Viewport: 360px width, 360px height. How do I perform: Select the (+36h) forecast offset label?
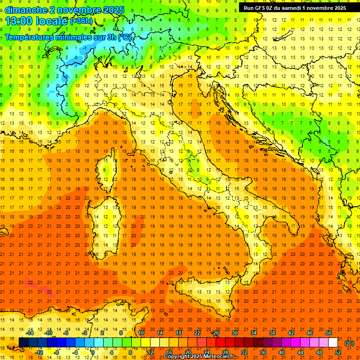(x=81, y=21)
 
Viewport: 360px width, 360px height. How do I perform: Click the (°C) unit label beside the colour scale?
(x=349, y=343)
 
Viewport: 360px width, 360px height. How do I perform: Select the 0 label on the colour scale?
(x=93, y=352)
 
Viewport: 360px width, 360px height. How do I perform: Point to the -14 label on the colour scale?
(x=30, y=333)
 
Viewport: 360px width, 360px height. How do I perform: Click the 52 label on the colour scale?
(x=338, y=352)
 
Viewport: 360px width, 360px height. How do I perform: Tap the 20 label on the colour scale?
(x=187, y=352)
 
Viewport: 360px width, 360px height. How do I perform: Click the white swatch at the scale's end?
(x=333, y=343)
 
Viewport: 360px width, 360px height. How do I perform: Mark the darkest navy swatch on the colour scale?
(x=23, y=343)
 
